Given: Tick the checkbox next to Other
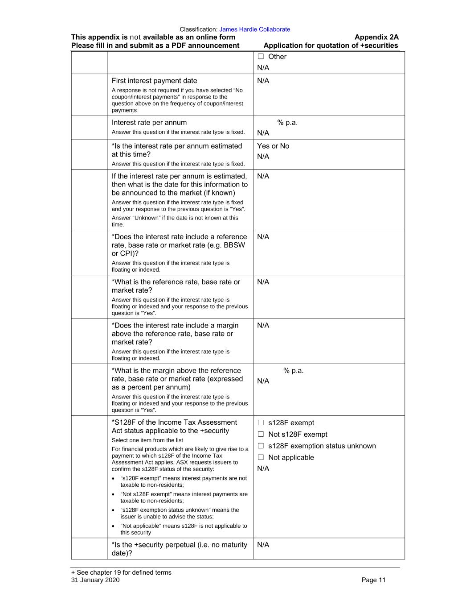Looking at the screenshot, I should coord(261,57).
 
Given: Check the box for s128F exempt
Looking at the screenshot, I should coord(261,423).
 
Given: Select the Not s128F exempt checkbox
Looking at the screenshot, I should coord(261,435).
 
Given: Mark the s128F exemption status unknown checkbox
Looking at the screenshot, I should coord(261,446).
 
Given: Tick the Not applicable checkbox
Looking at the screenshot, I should coord(261,458).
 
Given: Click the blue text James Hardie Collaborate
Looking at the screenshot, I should coord(254,29).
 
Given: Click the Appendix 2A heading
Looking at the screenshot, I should coord(376,37).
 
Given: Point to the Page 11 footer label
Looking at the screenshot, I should coord(373,580).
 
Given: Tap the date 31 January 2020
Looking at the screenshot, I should coord(95,580).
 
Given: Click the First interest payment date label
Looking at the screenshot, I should coord(154,81).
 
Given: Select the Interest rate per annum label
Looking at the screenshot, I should coord(149,123).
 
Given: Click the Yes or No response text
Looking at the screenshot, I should coord(273,146).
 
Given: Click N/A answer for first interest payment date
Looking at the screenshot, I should coord(263,81).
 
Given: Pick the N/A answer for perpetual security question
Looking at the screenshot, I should coord(263,545).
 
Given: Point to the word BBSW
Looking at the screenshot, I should coord(235,245).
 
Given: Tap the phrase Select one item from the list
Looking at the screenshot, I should coord(147,440).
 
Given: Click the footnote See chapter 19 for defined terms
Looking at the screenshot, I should coord(121,572).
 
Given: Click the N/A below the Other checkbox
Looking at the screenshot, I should coord(263,68).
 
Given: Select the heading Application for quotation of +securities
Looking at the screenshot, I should coord(331,46).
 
